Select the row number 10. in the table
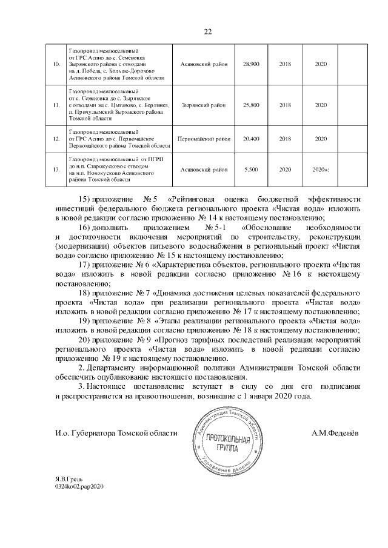pyautogui.click(x=56, y=64)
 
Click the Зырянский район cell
pyautogui.click(x=203, y=105)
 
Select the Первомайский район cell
pyautogui.click(x=203, y=139)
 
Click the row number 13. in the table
pyautogui.click(x=56, y=170)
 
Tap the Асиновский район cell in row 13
pyautogui.click(x=203, y=170)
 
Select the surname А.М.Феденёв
pyautogui.click(x=335, y=433)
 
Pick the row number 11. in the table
pyautogui.click(x=56, y=105)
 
